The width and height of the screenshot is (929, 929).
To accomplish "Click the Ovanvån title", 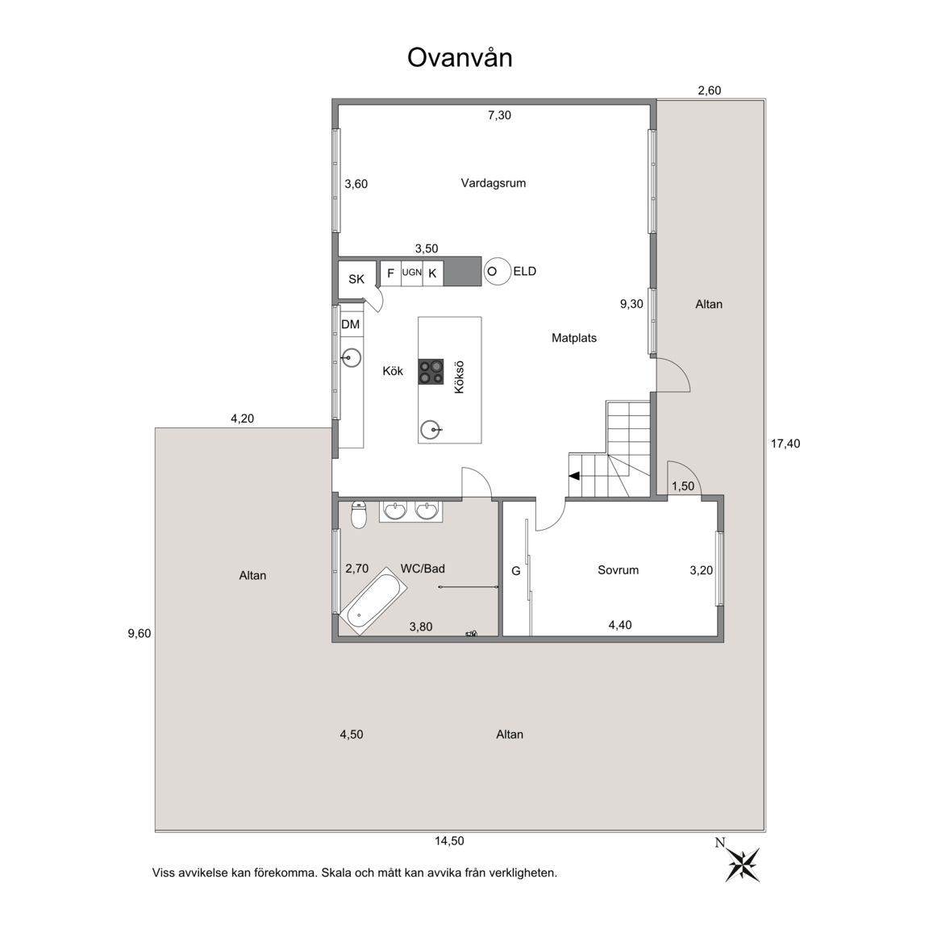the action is click(x=460, y=58).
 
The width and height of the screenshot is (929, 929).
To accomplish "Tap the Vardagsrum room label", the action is click(x=494, y=183).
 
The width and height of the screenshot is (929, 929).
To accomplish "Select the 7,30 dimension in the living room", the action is click(x=499, y=115).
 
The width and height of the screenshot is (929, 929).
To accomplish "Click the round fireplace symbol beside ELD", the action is click(x=497, y=272).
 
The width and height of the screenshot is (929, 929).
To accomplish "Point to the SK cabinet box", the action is click(x=356, y=279).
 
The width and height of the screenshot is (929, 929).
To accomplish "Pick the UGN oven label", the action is click(x=412, y=273).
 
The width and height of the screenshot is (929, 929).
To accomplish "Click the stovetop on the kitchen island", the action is click(x=431, y=372).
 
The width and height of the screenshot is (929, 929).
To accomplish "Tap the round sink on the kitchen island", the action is click(x=431, y=430).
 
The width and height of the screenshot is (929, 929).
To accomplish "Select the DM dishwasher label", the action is click(x=351, y=325).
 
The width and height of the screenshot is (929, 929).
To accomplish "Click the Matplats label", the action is click(x=574, y=339).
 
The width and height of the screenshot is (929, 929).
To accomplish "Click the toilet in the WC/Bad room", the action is click(x=359, y=514).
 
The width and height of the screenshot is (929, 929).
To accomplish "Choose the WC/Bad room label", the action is click(x=423, y=569).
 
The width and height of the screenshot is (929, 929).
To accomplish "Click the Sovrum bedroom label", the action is click(x=618, y=571).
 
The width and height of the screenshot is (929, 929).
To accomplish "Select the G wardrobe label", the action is click(x=516, y=571).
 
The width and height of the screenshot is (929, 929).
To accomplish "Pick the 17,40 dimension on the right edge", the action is click(x=785, y=444).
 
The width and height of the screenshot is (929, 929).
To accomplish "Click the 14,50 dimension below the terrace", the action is click(x=450, y=841).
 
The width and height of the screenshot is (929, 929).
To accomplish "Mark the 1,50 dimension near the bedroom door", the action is click(x=682, y=486).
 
